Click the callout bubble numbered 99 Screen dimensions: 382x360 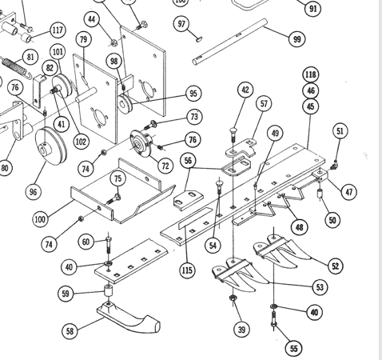tap(296, 39)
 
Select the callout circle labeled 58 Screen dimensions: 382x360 tap(70, 331)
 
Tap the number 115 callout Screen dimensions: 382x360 tap(187, 270)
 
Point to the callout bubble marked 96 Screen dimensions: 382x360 tap(33, 192)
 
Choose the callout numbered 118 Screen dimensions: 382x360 tap(311, 74)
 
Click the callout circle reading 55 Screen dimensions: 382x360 tap(293, 348)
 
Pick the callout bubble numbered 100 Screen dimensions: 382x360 tap(40, 219)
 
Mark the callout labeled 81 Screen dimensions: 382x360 tap(30, 57)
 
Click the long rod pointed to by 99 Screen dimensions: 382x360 tap(229, 42)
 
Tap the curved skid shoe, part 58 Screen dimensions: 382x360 tap(128, 317)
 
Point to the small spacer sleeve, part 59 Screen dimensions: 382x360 tap(108, 290)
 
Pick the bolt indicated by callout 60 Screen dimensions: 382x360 tap(109, 245)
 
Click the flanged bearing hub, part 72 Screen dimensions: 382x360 tap(141, 144)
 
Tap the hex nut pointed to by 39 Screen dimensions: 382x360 tap(233, 298)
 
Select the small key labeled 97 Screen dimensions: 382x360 tap(199, 39)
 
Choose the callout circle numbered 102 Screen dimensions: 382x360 tap(81, 141)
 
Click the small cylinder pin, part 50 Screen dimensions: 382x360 tap(320, 193)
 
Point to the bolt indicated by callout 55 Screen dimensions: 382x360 tap(274, 319)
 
